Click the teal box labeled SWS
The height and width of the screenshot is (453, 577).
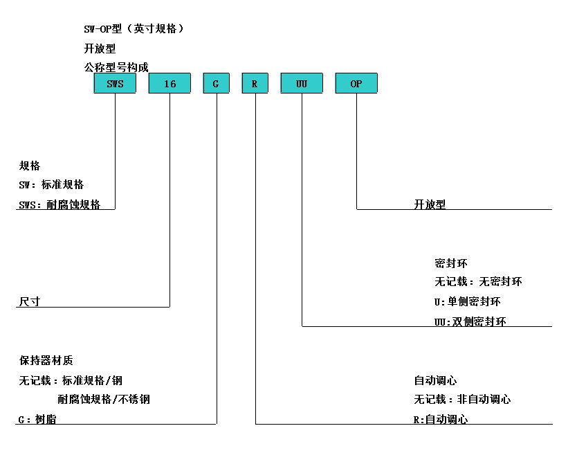(115, 83)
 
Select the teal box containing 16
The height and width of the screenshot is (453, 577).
(170, 83)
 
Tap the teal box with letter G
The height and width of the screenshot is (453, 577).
(217, 83)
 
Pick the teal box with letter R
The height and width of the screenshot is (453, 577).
(255, 83)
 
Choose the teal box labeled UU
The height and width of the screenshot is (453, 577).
(302, 83)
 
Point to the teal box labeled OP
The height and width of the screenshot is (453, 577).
(356, 83)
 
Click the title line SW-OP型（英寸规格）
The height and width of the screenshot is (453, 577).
(134, 28)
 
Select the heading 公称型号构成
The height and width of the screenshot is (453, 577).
(116, 67)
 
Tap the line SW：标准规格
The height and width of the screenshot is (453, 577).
(51, 184)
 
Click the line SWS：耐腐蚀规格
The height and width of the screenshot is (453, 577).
(59, 204)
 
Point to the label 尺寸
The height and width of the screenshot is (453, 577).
(30, 301)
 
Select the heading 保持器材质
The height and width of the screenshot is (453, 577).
(46, 360)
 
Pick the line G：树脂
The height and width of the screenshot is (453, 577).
(37, 419)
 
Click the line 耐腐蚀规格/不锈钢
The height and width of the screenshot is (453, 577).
(104, 399)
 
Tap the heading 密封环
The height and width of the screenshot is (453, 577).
(451, 263)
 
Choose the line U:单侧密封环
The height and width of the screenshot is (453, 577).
(467, 302)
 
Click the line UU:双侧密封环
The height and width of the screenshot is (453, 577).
(470, 321)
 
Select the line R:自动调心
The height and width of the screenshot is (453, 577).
(441, 419)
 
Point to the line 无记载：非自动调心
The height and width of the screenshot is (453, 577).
(462, 399)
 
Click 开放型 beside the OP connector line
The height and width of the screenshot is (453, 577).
(430, 204)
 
